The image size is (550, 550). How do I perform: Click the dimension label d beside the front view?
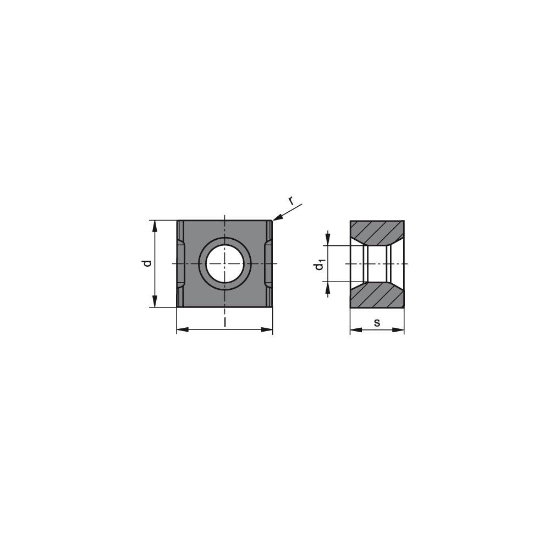(x=147, y=263)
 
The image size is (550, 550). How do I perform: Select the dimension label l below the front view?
(x=224, y=322)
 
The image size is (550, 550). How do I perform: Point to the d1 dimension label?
(x=319, y=265)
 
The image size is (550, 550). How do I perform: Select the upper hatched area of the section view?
(x=377, y=231)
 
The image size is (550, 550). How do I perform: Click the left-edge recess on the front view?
(x=181, y=263)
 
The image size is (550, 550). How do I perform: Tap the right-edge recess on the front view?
(x=268, y=263)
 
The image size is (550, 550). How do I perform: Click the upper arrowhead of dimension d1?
(x=328, y=240)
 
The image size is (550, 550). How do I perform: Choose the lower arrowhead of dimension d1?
(x=328, y=287)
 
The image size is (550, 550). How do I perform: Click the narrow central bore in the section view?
(x=377, y=264)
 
